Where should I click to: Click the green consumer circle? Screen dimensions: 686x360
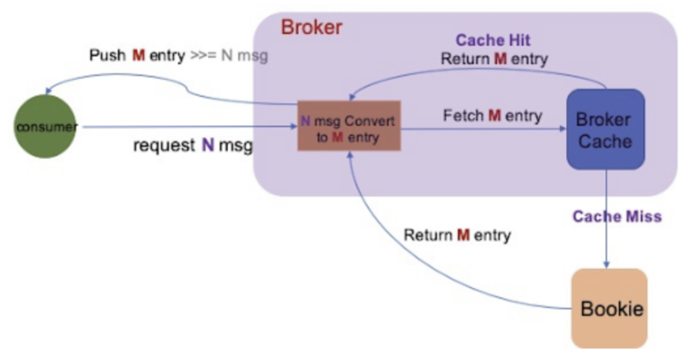[45, 126]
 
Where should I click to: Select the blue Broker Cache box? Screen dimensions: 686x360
[605, 129]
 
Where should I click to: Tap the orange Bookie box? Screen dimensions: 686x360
[610, 309]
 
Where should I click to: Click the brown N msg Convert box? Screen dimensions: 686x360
[349, 126]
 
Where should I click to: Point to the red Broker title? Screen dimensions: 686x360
[311, 27]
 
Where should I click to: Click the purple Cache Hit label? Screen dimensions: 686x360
[493, 40]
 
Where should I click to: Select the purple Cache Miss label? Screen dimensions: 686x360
[617, 216]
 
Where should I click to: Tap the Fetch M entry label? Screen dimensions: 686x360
[492, 116]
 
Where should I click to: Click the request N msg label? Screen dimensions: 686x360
[193, 145]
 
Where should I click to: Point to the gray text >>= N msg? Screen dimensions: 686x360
[229, 56]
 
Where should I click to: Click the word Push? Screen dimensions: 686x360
[107, 56]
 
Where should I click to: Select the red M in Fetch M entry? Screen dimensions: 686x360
[495, 116]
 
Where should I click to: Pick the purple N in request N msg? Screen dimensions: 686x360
[208, 145]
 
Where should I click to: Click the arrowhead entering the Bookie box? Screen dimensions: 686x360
[606, 265]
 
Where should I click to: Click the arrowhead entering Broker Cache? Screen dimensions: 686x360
[563, 129]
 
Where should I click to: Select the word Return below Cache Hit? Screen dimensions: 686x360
[466, 58]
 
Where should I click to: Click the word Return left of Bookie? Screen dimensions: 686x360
[428, 235]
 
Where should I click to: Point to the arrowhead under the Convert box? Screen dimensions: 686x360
[350, 154]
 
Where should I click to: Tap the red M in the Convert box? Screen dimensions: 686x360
[337, 137]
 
